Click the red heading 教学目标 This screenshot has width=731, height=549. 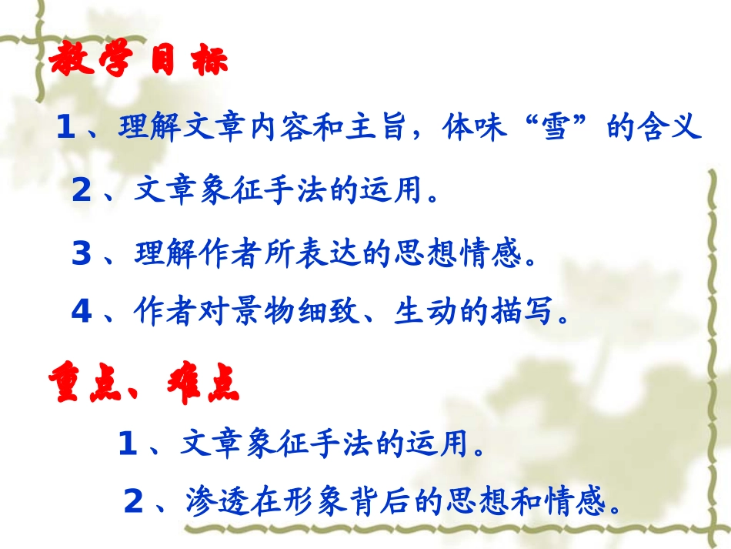click(139, 62)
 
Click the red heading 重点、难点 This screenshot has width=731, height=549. click(143, 383)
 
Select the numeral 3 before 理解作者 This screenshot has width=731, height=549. click(82, 254)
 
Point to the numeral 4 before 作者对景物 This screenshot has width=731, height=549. click(82, 311)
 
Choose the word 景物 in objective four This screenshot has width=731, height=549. click(265, 311)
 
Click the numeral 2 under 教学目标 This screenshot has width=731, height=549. click(82, 190)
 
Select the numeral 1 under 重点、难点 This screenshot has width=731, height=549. click(128, 444)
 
